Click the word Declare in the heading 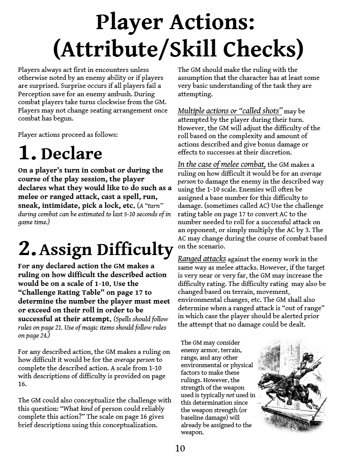coord(71,154)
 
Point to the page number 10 coord(180,449)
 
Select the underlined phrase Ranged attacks coord(202,259)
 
